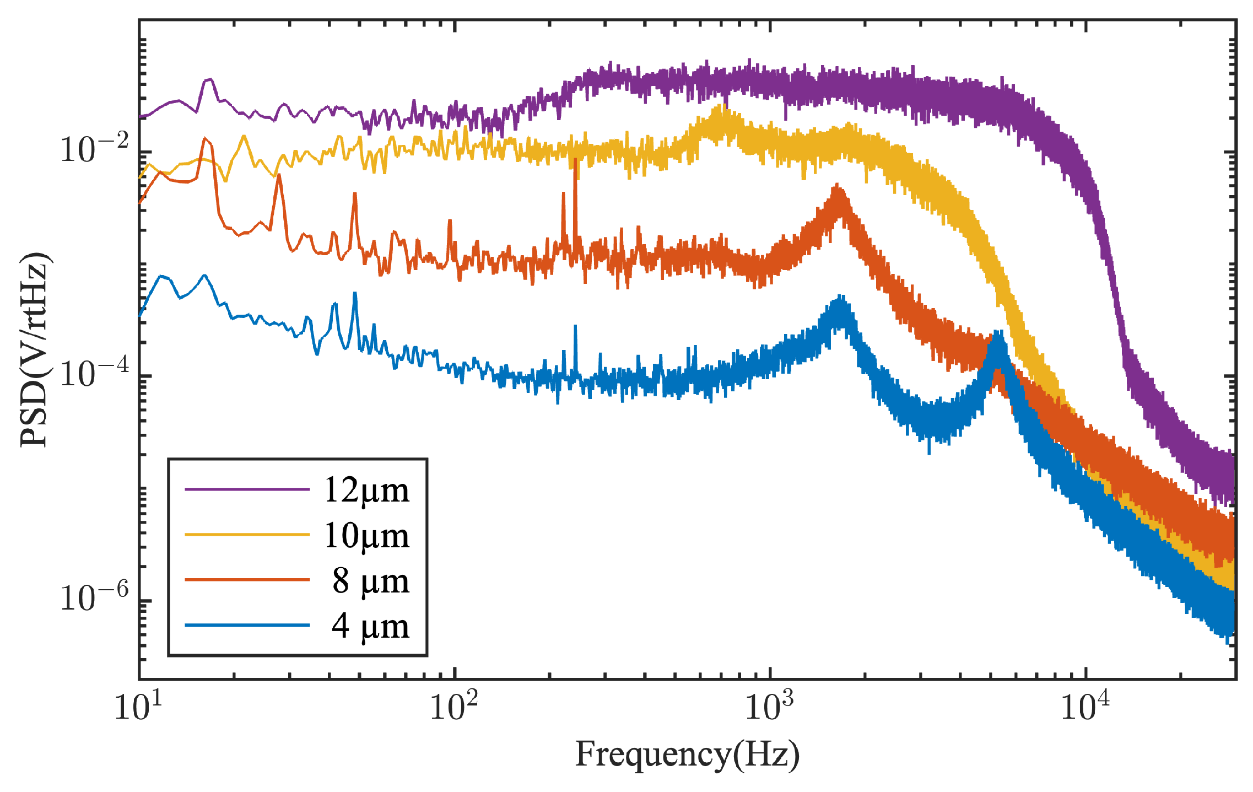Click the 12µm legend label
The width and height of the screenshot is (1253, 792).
click(x=366, y=490)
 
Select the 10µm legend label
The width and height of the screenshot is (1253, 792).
click(x=366, y=536)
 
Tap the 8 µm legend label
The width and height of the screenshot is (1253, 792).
click(x=370, y=581)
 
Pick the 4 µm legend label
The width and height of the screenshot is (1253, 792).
click(x=370, y=626)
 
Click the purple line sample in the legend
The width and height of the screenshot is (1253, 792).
click(x=247, y=489)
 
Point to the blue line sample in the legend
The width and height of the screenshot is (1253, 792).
click(x=247, y=625)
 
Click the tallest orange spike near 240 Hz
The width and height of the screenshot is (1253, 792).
click(x=575, y=161)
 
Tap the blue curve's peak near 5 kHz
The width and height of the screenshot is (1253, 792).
click(x=997, y=333)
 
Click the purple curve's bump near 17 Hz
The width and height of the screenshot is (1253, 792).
click(x=209, y=80)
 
